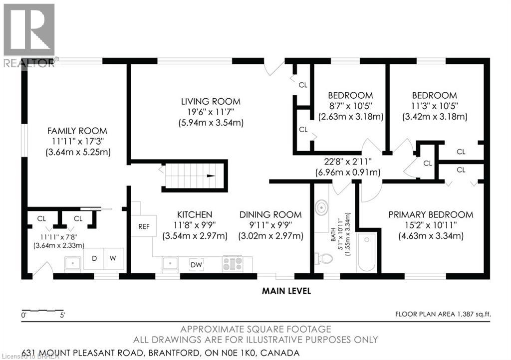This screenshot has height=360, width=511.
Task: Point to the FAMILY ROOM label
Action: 77,131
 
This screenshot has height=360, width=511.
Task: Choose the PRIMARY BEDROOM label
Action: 431,214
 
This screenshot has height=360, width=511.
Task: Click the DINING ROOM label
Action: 270,214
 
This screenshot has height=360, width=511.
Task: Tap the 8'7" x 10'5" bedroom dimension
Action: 350,106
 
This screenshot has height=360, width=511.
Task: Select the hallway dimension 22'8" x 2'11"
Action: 347,161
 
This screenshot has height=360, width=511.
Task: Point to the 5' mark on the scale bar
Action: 62,315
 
